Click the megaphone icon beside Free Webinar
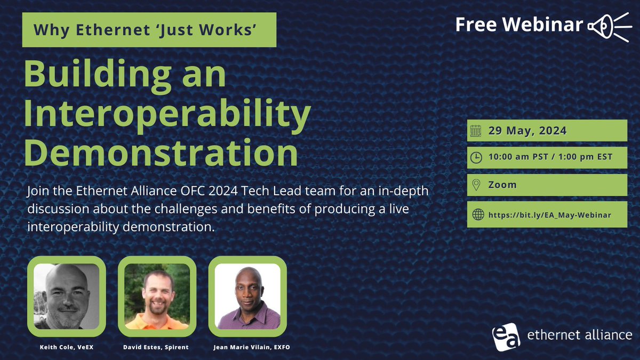point(610,27)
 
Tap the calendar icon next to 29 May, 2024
point(476,131)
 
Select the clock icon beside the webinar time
point(476,158)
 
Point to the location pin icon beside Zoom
point(476,185)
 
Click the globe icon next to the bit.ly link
point(478,214)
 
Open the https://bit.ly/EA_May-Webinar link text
point(550,215)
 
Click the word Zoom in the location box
point(502,185)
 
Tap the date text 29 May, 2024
point(527,131)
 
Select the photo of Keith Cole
point(67,297)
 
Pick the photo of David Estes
point(157,297)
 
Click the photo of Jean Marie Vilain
point(247,297)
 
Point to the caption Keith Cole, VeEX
point(67,347)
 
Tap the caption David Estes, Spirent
point(156,347)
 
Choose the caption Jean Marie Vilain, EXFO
point(252,347)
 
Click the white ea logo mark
point(506,337)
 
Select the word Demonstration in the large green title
point(162,153)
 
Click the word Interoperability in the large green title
point(167,114)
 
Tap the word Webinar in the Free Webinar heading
point(543,25)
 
